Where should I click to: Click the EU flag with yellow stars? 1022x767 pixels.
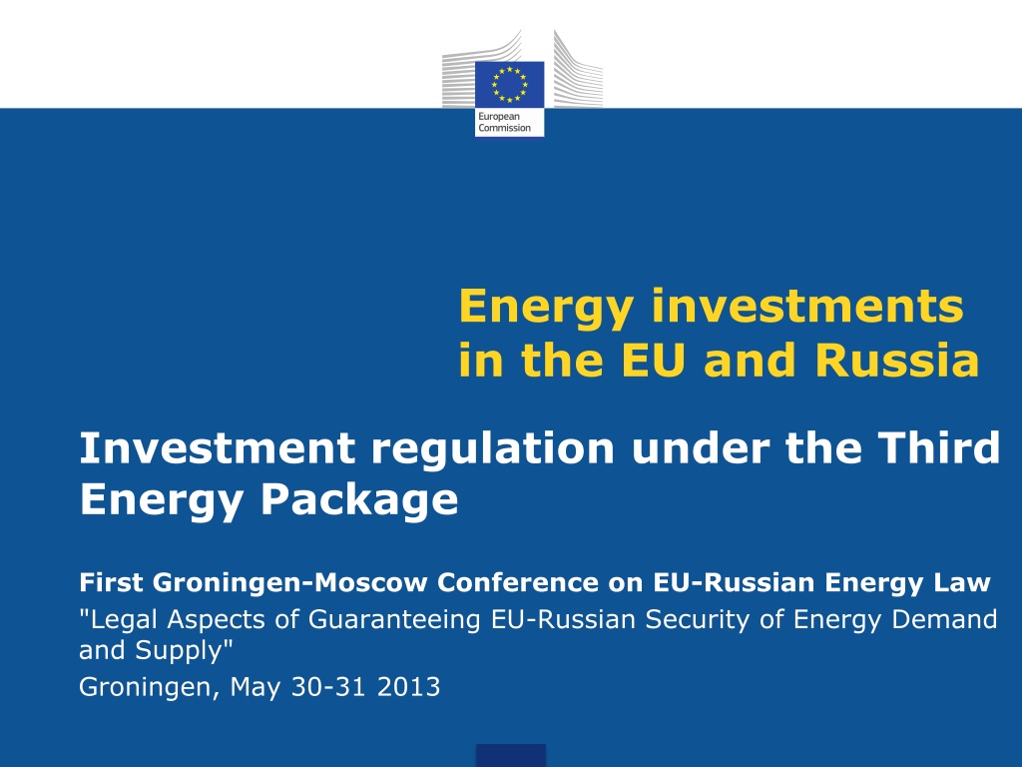click(509, 85)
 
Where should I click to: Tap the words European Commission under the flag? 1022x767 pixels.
click(504, 122)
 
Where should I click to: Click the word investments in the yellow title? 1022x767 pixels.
click(807, 306)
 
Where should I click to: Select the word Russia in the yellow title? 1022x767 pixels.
click(897, 360)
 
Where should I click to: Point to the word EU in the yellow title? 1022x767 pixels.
click(654, 360)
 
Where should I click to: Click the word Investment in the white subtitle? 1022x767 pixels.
click(217, 448)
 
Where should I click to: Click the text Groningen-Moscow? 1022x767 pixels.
click(290, 583)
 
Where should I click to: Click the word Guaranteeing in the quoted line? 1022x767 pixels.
click(394, 620)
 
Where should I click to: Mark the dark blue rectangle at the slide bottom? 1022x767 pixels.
click(510, 755)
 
